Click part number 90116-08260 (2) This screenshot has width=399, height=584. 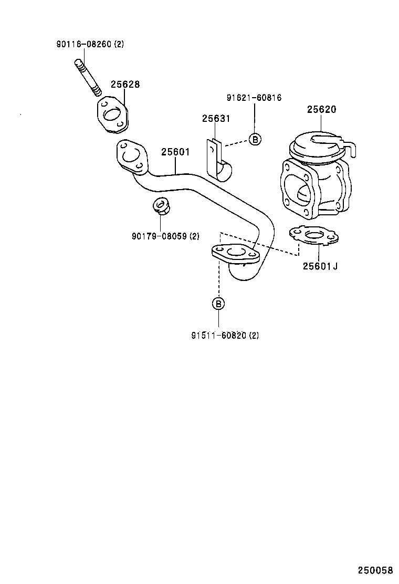click(90, 45)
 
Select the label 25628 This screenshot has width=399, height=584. click(125, 85)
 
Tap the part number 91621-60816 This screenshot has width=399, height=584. click(254, 98)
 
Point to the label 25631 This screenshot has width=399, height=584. click(216, 119)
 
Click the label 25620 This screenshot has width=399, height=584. click(321, 110)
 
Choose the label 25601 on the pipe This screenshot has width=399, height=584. click(175, 152)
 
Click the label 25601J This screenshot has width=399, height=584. click(320, 266)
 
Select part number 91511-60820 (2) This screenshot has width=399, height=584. click(225, 335)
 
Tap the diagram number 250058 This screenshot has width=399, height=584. click(375, 570)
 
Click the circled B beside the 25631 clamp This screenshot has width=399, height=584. click(255, 139)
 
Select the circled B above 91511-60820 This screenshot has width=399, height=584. click(218, 303)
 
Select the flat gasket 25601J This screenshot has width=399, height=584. click(313, 237)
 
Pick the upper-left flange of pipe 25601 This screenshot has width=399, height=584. click(129, 155)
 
